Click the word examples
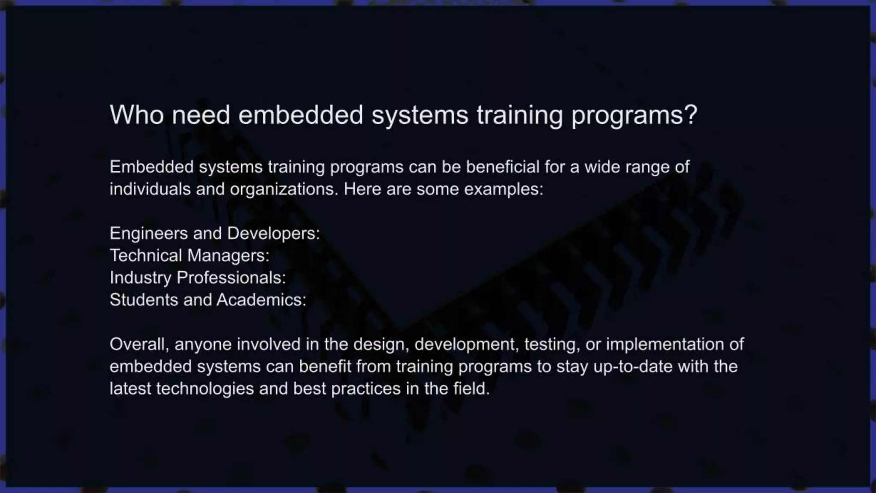pyautogui.click(x=503, y=189)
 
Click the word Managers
pyautogui.click(x=228, y=255)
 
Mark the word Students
pyautogui.click(x=144, y=300)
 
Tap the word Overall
pyautogui.click(x=139, y=345)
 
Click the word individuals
pyautogui.click(x=150, y=189)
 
